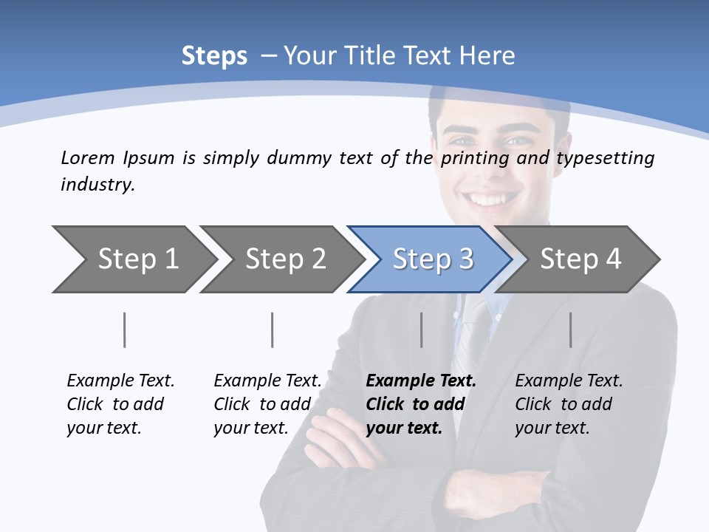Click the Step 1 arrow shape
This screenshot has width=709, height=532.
click(133, 259)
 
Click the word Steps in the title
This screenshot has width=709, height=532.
click(214, 56)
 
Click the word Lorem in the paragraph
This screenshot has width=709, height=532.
click(88, 158)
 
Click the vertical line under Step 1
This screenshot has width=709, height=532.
click(125, 330)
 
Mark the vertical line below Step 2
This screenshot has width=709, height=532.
click(273, 330)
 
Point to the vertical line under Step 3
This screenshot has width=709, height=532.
click(422, 330)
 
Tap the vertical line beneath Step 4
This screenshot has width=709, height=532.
click(571, 330)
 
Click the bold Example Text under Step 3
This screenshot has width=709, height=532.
click(421, 381)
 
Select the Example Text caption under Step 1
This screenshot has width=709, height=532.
click(120, 381)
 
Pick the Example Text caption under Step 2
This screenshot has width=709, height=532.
click(267, 381)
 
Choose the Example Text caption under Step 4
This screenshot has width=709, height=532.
click(569, 381)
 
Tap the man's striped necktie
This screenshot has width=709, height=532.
click(473, 332)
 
